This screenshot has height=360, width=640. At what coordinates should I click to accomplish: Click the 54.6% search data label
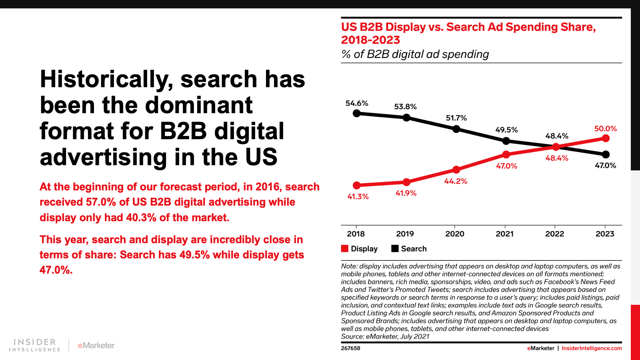[356, 103]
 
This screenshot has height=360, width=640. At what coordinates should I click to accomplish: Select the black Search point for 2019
[406, 118]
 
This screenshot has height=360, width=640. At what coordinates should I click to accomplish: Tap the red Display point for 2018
[356, 186]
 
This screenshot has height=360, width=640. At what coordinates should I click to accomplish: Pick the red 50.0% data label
[606, 128]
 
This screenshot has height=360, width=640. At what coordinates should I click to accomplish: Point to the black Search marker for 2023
[606, 154]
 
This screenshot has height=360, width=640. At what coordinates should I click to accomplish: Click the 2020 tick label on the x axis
[455, 234]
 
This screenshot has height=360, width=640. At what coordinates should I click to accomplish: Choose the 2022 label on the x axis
[554, 234]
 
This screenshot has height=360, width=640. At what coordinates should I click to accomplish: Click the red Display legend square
[344, 248]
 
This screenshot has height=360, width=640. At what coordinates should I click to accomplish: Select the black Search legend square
[394, 248]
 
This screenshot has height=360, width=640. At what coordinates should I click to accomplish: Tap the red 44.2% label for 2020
[456, 181]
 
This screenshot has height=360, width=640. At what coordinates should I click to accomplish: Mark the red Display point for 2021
[506, 154]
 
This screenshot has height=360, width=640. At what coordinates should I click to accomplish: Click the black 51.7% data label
[456, 118]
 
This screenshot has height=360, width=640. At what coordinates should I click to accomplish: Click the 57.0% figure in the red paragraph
[101, 202]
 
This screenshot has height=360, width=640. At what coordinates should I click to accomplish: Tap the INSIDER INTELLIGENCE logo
[34, 345]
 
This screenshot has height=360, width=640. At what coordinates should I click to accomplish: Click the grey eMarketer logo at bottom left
[96, 346]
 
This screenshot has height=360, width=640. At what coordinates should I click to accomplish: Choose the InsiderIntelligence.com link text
[592, 348]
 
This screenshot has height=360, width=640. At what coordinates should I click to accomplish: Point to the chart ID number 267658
[350, 348]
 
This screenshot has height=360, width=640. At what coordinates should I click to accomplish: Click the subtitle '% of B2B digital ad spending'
[415, 54]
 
